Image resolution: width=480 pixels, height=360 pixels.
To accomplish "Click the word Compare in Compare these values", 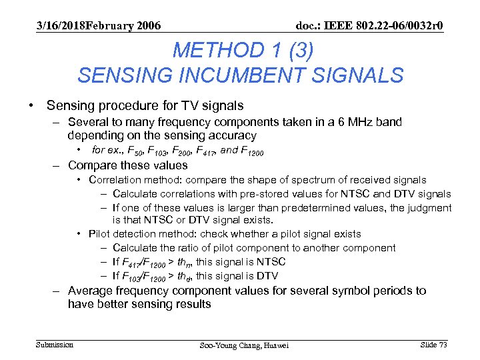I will tap(91, 165).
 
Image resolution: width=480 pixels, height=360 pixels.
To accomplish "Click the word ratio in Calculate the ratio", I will tap(186, 248).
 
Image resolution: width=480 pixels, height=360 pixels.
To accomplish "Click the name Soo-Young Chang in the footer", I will tap(225, 345).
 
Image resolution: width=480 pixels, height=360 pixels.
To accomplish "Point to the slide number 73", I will tap(442, 344).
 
